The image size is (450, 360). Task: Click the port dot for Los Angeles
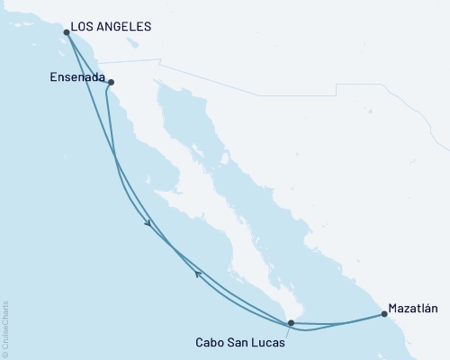pos(67,33)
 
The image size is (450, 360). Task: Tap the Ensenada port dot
pos(111,83)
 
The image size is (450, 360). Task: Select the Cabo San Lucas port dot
pos(290,322)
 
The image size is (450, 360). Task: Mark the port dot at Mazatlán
pos(384,314)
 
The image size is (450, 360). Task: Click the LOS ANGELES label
pos(112,28)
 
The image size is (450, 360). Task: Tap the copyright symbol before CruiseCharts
pos(6,352)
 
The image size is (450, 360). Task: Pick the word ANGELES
pos(127,28)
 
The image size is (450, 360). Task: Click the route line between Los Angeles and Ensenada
pos(88,58)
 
